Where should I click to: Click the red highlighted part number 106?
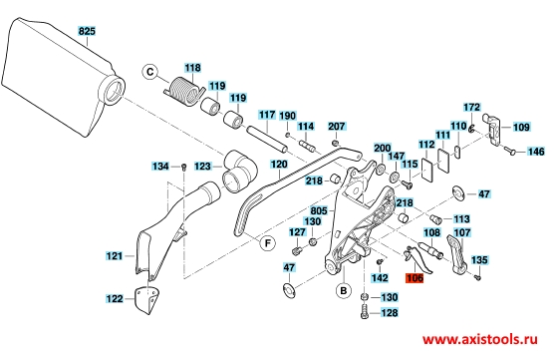(x=415, y=278)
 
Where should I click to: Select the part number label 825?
(x=87, y=31)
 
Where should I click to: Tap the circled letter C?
(x=150, y=72)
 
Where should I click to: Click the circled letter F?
(x=268, y=243)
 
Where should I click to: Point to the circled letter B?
(x=344, y=291)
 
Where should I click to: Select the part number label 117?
(x=267, y=115)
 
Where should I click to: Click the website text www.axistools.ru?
(x=480, y=339)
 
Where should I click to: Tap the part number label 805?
(x=319, y=210)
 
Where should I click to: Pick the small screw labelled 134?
(x=183, y=167)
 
